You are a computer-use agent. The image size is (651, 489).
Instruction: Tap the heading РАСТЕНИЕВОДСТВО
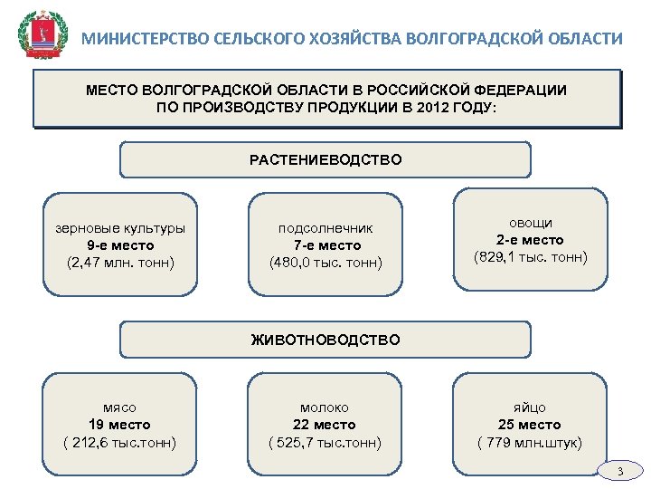[x=325, y=160]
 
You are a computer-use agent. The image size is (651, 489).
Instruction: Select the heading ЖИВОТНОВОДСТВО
[x=325, y=340]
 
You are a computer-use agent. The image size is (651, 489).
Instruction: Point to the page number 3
[x=620, y=472]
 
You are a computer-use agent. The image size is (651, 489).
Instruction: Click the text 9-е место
[x=120, y=245]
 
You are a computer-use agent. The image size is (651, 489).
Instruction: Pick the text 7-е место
[x=326, y=245]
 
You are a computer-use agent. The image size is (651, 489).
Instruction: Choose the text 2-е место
[x=530, y=240]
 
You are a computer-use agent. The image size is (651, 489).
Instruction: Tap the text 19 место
[x=119, y=425]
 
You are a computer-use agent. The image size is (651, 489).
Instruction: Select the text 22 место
[x=325, y=425]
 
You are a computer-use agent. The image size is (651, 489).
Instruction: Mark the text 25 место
[x=530, y=425]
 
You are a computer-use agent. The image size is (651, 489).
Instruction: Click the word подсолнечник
[x=325, y=228]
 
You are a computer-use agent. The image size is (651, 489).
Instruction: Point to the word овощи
[x=531, y=223]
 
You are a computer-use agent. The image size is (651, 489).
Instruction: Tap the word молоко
[x=325, y=407]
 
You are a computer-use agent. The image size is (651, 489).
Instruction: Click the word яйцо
[x=530, y=407]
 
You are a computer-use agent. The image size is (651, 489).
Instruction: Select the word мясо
[x=119, y=407]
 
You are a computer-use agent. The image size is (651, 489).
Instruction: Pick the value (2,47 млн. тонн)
[x=120, y=263]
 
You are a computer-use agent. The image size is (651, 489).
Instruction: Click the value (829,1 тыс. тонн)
[x=531, y=257]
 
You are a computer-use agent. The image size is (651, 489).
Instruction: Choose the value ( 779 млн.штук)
[x=530, y=442]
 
